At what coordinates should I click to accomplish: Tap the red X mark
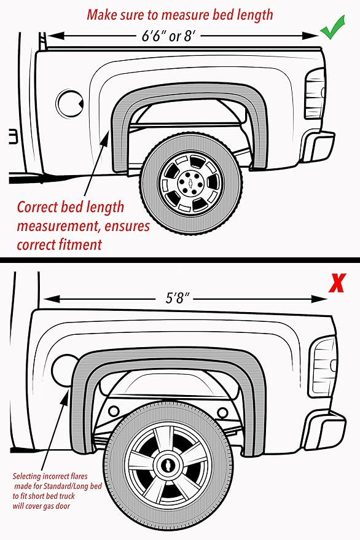(x=336, y=283)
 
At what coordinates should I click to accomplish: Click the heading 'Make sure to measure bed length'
(x=179, y=14)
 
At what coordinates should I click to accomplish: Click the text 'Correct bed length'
(x=70, y=207)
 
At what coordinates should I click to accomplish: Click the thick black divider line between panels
(x=180, y=259)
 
